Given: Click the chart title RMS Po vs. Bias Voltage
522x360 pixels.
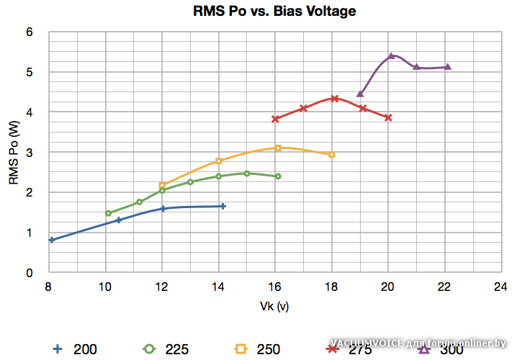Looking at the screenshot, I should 274,12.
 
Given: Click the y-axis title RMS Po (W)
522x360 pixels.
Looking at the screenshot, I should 14,152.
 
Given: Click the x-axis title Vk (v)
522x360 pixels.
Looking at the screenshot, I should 274,305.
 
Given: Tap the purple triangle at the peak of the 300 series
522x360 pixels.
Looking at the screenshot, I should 392,55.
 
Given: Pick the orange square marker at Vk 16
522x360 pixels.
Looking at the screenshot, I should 278,148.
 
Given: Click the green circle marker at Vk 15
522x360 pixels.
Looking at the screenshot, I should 247,173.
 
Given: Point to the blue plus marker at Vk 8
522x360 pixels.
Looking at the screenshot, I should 52,240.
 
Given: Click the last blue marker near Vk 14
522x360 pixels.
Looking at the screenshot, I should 223,206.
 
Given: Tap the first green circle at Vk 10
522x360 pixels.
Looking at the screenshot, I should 109,213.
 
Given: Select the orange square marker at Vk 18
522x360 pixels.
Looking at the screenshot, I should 332,154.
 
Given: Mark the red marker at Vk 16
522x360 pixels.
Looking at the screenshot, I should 275,119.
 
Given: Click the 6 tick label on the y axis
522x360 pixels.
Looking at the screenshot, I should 30,32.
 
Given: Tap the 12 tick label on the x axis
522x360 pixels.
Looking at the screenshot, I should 162,286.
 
